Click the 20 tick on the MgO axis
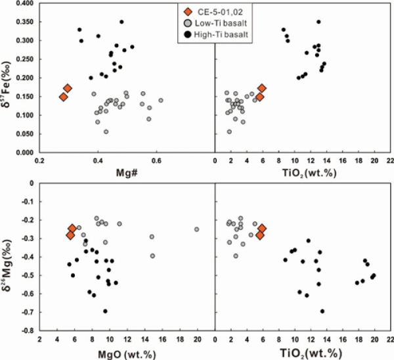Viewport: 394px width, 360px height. (x=197, y=340)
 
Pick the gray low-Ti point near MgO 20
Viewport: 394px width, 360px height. (x=196, y=229)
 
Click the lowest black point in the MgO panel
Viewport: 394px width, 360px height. (x=105, y=311)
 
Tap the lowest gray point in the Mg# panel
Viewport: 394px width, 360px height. (x=106, y=132)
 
